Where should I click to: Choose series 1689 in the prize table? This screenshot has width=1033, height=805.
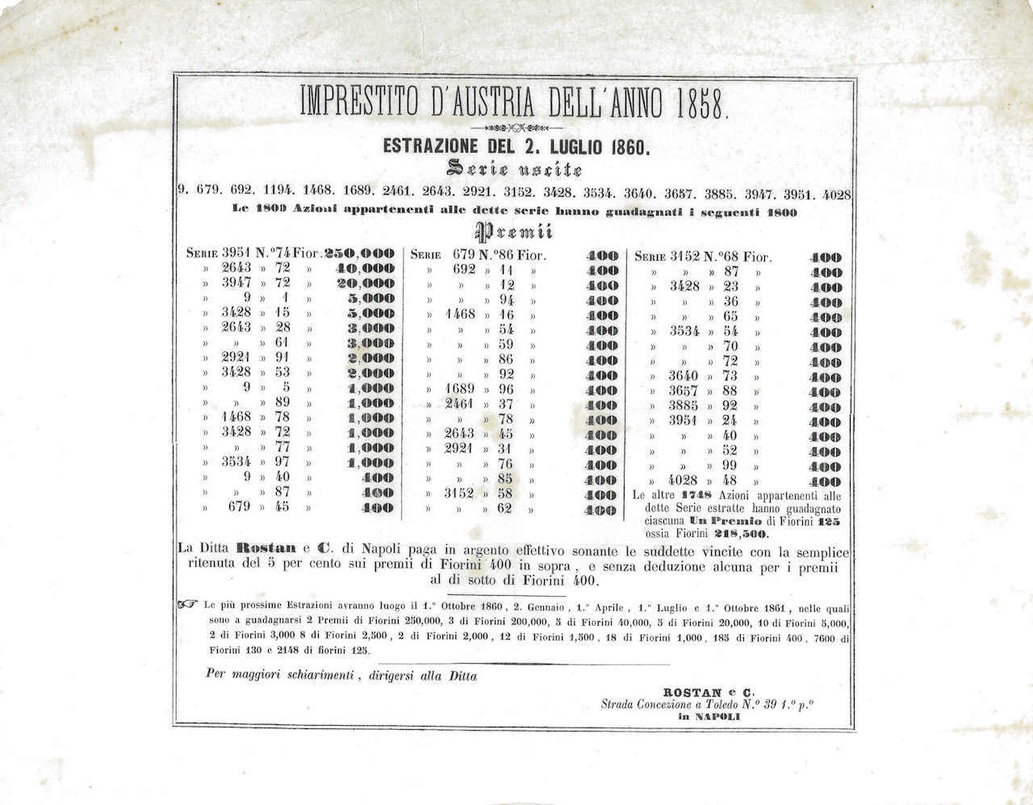[x=460, y=388]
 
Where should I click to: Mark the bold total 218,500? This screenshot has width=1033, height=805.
[x=741, y=534]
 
